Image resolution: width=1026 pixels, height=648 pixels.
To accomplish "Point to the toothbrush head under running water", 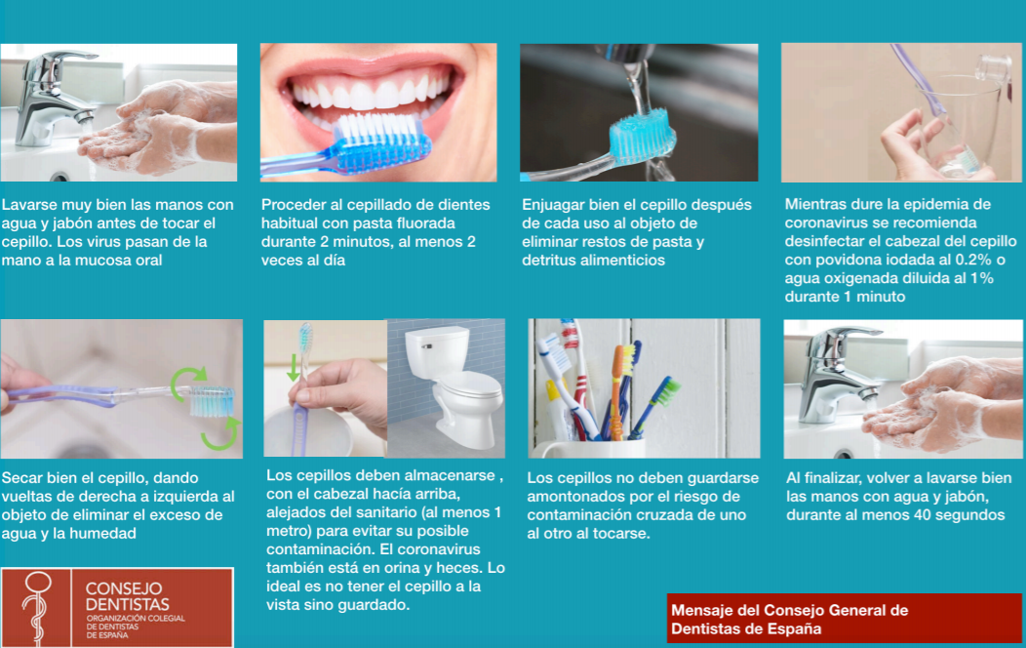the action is click(642, 137).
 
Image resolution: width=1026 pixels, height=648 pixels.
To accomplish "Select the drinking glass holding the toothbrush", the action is click(960, 124).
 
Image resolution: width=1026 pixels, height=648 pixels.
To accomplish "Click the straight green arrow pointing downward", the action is click(294, 367).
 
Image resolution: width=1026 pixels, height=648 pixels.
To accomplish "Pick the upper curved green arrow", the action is click(188, 382).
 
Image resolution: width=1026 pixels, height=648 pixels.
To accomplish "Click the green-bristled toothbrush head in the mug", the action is click(668, 391).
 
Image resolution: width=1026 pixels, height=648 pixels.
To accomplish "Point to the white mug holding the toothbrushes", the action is click(588, 448).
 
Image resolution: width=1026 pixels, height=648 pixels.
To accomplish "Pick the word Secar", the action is click(20, 478).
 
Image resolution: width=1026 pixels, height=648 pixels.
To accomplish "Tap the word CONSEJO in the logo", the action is click(124, 588).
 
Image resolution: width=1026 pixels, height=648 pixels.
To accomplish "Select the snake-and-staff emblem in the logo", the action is click(37, 606).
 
